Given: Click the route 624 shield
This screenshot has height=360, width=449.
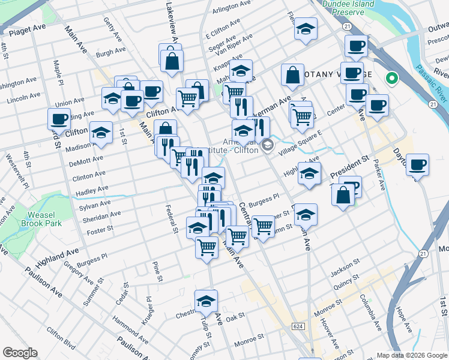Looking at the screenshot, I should [298, 326].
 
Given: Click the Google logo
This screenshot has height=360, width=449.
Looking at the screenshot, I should [20, 353].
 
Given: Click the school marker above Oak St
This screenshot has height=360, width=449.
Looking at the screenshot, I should [206, 301].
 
